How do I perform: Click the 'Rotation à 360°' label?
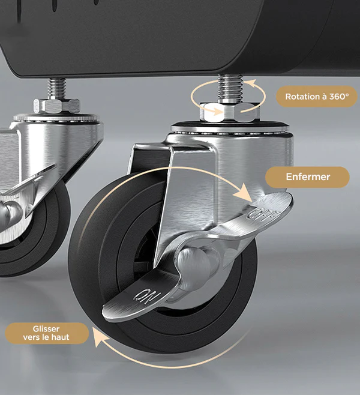point(317,97)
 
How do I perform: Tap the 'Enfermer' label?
point(308,177)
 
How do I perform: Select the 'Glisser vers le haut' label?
point(47,333)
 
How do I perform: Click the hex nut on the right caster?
point(230,112)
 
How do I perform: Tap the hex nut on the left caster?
point(56,106)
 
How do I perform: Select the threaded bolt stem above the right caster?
point(230,88)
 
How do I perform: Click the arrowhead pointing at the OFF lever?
point(244,193)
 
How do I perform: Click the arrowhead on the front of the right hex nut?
point(217,110)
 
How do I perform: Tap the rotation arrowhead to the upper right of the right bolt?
point(250,83)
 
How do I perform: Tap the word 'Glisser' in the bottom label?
point(46,328)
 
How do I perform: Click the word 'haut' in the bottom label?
point(61,337)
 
